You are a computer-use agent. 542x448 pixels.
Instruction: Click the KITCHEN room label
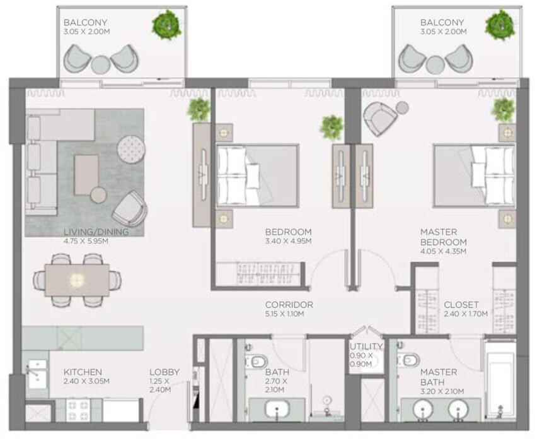click(x=83, y=372)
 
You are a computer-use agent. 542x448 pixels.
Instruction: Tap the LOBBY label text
click(x=164, y=372)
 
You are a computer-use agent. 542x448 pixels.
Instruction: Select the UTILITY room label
click(x=366, y=346)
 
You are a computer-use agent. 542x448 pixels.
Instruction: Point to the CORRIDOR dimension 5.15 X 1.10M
click(x=284, y=314)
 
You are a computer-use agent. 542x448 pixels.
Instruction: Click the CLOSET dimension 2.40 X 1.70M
click(x=466, y=314)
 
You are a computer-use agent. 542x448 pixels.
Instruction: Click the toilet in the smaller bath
click(x=256, y=362)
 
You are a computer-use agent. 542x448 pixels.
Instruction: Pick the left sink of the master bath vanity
click(x=424, y=410)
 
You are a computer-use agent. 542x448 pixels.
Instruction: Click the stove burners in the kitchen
click(x=78, y=410)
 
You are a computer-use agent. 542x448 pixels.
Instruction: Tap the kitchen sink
click(x=37, y=374)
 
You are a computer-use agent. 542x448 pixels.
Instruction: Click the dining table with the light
click(x=78, y=280)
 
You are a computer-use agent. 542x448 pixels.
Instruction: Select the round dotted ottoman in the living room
click(x=131, y=150)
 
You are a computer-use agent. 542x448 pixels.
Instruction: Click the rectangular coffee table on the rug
click(x=86, y=175)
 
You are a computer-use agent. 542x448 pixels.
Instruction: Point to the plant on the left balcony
click(x=167, y=25)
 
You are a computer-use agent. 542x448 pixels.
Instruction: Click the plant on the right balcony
click(x=501, y=25)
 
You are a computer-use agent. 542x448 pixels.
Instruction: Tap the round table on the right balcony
click(x=435, y=64)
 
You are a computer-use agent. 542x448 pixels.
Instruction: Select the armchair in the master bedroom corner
click(x=380, y=119)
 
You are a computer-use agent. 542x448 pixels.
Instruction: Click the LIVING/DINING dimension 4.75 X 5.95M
click(x=86, y=241)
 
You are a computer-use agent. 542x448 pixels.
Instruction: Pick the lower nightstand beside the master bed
click(x=507, y=219)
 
